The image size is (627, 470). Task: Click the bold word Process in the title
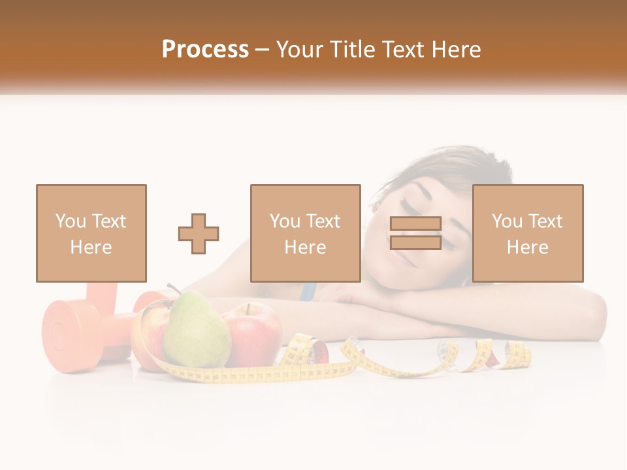click(205, 50)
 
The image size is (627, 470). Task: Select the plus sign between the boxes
click(199, 234)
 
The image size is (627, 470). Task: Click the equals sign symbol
click(415, 233)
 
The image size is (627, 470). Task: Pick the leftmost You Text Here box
click(91, 233)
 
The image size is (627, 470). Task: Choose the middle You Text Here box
click(305, 233)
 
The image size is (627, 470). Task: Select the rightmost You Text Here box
click(528, 233)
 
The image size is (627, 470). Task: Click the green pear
click(196, 330)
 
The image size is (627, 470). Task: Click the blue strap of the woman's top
click(308, 291)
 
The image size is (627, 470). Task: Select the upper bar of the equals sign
click(415, 224)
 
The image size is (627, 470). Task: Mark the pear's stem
click(172, 288)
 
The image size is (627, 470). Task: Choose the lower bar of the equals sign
click(415, 243)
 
